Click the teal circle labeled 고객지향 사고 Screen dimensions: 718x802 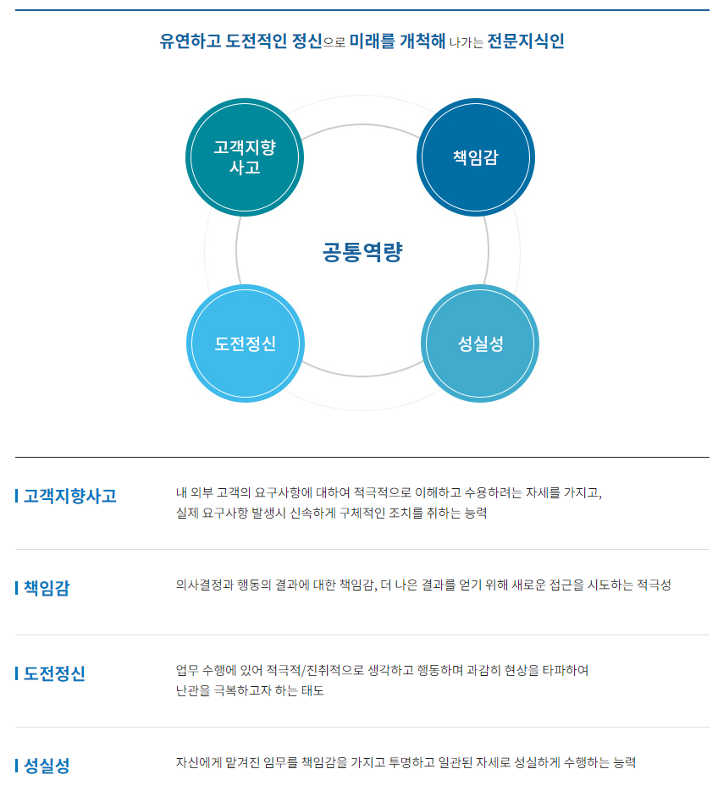(x=245, y=157)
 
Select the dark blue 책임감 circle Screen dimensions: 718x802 (x=476, y=157)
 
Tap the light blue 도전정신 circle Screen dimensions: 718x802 (x=246, y=343)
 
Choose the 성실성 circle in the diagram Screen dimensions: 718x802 (x=480, y=343)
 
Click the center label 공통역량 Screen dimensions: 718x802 (x=362, y=251)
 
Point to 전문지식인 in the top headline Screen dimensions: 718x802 (x=526, y=41)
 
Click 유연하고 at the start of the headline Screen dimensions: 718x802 (x=190, y=41)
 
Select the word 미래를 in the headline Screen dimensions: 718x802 (x=372, y=41)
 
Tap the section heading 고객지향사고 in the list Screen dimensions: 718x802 (x=70, y=496)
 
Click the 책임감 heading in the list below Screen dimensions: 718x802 (x=47, y=588)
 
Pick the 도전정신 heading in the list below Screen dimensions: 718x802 (x=54, y=673)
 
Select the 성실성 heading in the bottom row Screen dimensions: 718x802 (x=47, y=765)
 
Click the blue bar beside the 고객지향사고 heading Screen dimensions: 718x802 (x=17, y=496)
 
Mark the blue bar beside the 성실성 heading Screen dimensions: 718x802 (x=17, y=765)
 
